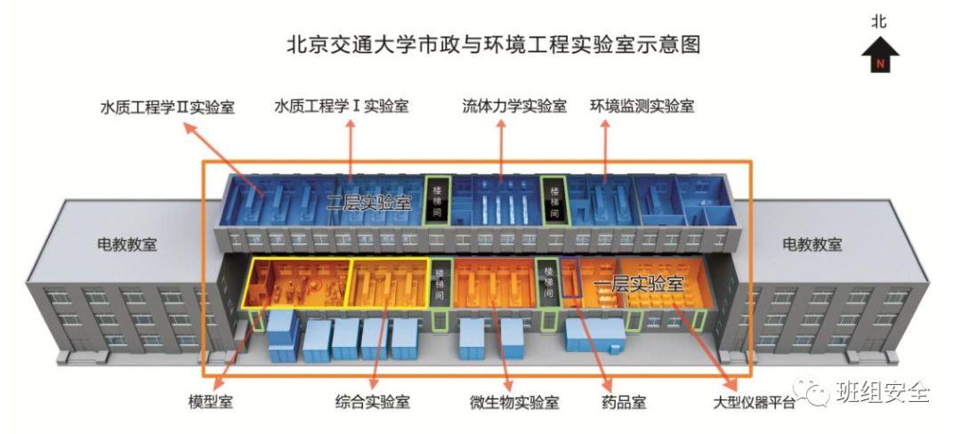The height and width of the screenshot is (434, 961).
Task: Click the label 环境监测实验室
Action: click(642, 107)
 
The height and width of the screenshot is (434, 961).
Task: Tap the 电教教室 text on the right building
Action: click(812, 244)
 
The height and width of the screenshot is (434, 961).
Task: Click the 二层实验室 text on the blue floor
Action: click(368, 201)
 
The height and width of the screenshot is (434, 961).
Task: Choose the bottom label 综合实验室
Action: click(373, 401)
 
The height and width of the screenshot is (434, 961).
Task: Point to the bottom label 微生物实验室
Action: click(513, 401)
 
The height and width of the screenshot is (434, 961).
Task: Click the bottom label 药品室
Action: click(624, 401)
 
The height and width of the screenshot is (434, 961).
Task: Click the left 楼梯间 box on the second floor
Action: click(437, 200)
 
